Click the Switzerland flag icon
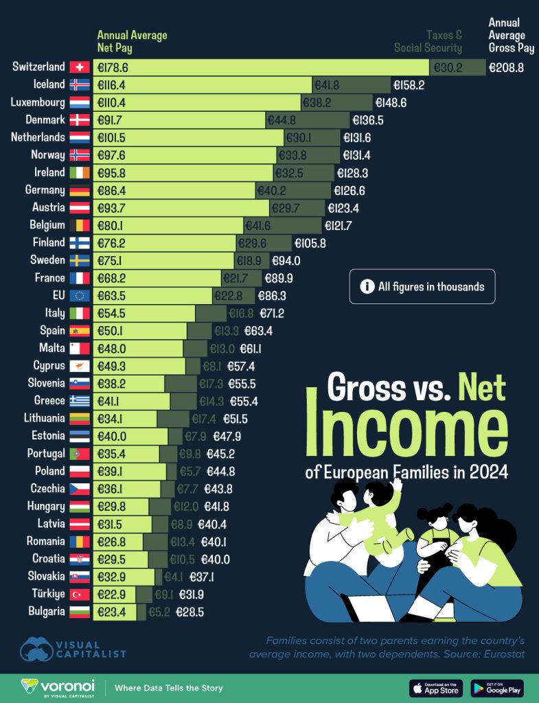coord(80,67)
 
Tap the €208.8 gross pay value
coord(507,67)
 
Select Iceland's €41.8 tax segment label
coord(327,85)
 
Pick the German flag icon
coord(80,190)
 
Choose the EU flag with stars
coord(80,296)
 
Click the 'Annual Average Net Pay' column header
coord(132,42)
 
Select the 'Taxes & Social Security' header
coord(428,42)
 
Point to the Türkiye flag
coord(80,594)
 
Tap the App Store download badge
coord(435,688)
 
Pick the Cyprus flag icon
coord(80,366)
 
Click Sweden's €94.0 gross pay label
coord(286,261)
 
